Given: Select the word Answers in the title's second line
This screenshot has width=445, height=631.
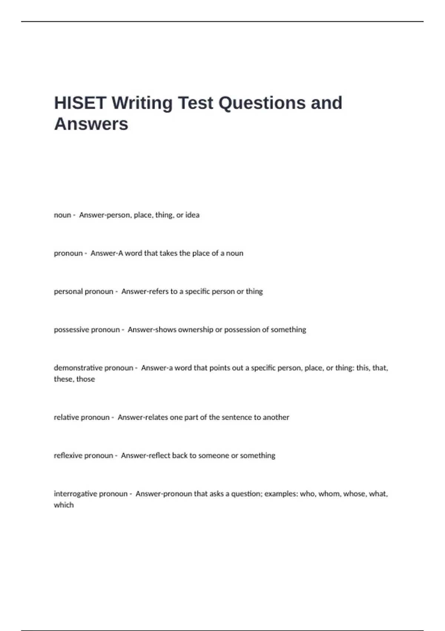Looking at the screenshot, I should click(91, 124).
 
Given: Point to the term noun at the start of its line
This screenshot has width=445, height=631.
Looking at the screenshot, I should click(62, 215).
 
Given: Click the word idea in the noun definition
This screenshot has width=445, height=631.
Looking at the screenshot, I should click(192, 215).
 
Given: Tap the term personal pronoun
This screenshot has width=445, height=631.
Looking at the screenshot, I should click(83, 291).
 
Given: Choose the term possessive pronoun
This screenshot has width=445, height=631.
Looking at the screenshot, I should click(87, 330).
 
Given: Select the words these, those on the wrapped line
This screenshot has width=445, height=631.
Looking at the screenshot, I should click(74, 379).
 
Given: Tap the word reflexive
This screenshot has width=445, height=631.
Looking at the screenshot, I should click(67, 455).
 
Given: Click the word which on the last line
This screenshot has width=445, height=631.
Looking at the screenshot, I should click(63, 505).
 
